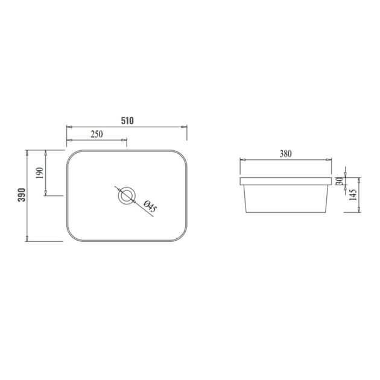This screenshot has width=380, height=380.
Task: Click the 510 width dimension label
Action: [x=127, y=120]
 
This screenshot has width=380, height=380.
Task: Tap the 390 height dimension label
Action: [x=21, y=195]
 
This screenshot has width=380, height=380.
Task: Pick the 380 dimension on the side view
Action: [x=285, y=154]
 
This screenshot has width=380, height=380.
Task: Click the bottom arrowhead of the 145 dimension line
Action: [x=360, y=212]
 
